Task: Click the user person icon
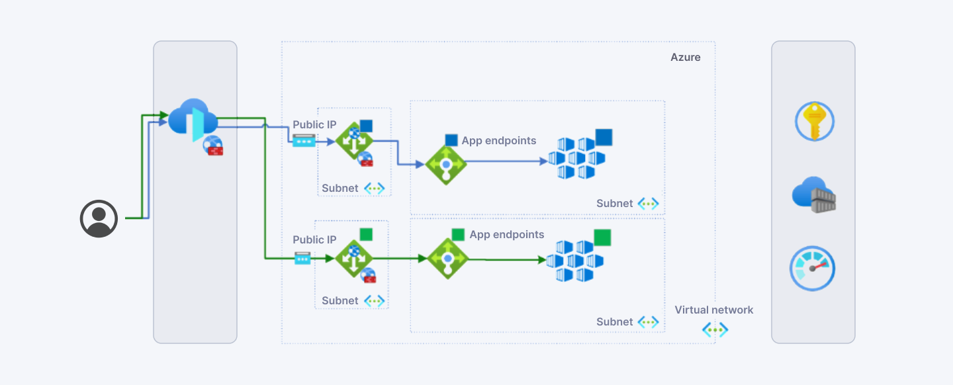pyautogui.click(x=99, y=219)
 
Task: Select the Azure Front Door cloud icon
pyautogui.click(x=193, y=120)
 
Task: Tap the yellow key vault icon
pyautogui.click(x=814, y=121)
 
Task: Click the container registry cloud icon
pyautogui.click(x=814, y=194)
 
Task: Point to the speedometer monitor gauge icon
pyautogui.click(x=812, y=269)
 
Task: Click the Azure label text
pyautogui.click(x=686, y=58)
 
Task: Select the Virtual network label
pyautogui.click(x=714, y=310)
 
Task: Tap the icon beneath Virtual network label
pyautogui.click(x=715, y=329)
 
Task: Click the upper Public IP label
pyautogui.click(x=314, y=124)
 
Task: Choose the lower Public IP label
pyautogui.click(x=314, y=240)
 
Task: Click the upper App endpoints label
pyautogui.click(x=498, y=140)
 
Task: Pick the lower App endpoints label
pyautogui.click(x=507, y=234)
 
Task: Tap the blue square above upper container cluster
pyautogui.click(x=604, y=138)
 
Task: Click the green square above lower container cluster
pyautogui.click(x=602, y=237)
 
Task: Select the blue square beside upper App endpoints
pyautogui.click(x=451, y=140)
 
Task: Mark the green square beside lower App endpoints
pyautogui.click(x=458, y=234)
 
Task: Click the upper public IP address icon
pyautogui.click(x=304, y=141)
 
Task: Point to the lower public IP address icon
pyautogui.click(x=302, y=258)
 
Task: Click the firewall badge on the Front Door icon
pyautogui.click(x=213, y=146)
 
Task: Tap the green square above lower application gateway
pyautogui.click(x=367, y=234)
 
